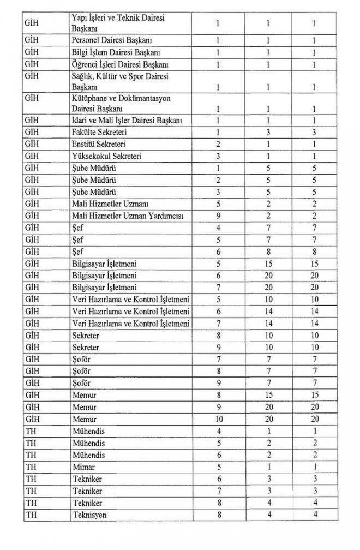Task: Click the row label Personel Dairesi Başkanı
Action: pos(106,41)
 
